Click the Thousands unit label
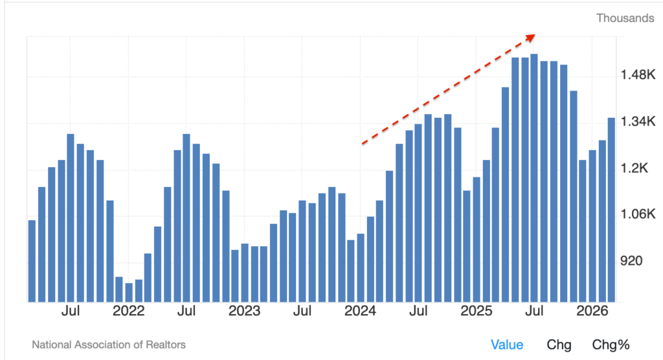625,18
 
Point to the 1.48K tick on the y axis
637,76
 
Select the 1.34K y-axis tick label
637,122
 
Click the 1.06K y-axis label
637,214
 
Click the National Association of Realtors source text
109,344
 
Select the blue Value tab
506,344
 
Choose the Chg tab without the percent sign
559,344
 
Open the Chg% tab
611,344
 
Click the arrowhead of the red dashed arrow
530,37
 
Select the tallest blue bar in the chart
534,177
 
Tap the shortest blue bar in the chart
129,292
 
